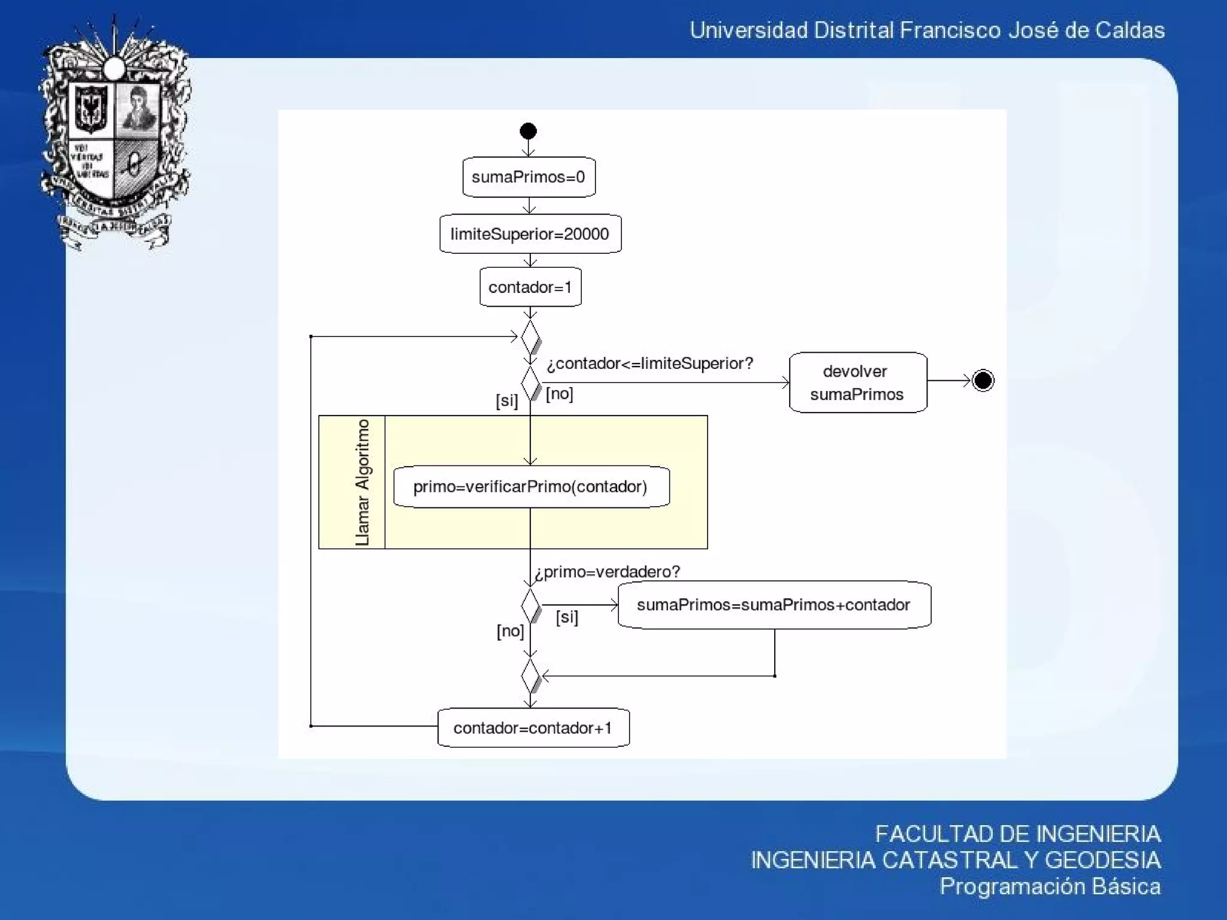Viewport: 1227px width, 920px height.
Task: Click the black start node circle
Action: (x=528, y=131)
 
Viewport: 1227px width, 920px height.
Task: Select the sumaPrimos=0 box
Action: (x=528, y=177)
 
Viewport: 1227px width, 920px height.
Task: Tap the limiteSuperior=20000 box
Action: (x=530, y=234)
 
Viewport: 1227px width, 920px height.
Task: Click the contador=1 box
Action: (x=530, y=287)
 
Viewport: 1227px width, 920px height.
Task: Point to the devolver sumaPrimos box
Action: (x=857, y=382)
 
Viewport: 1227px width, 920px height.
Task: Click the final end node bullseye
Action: (x=983, y=380)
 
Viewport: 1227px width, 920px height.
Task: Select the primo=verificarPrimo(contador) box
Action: (x=531, y=486)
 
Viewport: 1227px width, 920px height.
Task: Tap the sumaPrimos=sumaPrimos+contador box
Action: (x=773, y=605)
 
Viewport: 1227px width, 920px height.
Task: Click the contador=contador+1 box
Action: (x=533, y=728)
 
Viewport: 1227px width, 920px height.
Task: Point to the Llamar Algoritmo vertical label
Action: (x=362, y=482)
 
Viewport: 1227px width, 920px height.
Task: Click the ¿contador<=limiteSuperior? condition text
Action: (x=649, y=364)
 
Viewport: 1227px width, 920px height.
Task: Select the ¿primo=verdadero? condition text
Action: (x=607, y=571)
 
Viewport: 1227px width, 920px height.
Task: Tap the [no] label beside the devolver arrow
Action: (x=559, y=394)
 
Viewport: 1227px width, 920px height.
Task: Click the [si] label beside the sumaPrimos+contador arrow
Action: (x=567, y=617)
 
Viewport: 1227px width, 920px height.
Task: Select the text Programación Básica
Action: (x=1050, y=886)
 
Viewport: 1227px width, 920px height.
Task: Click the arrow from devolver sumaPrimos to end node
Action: (x=948, y=380)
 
